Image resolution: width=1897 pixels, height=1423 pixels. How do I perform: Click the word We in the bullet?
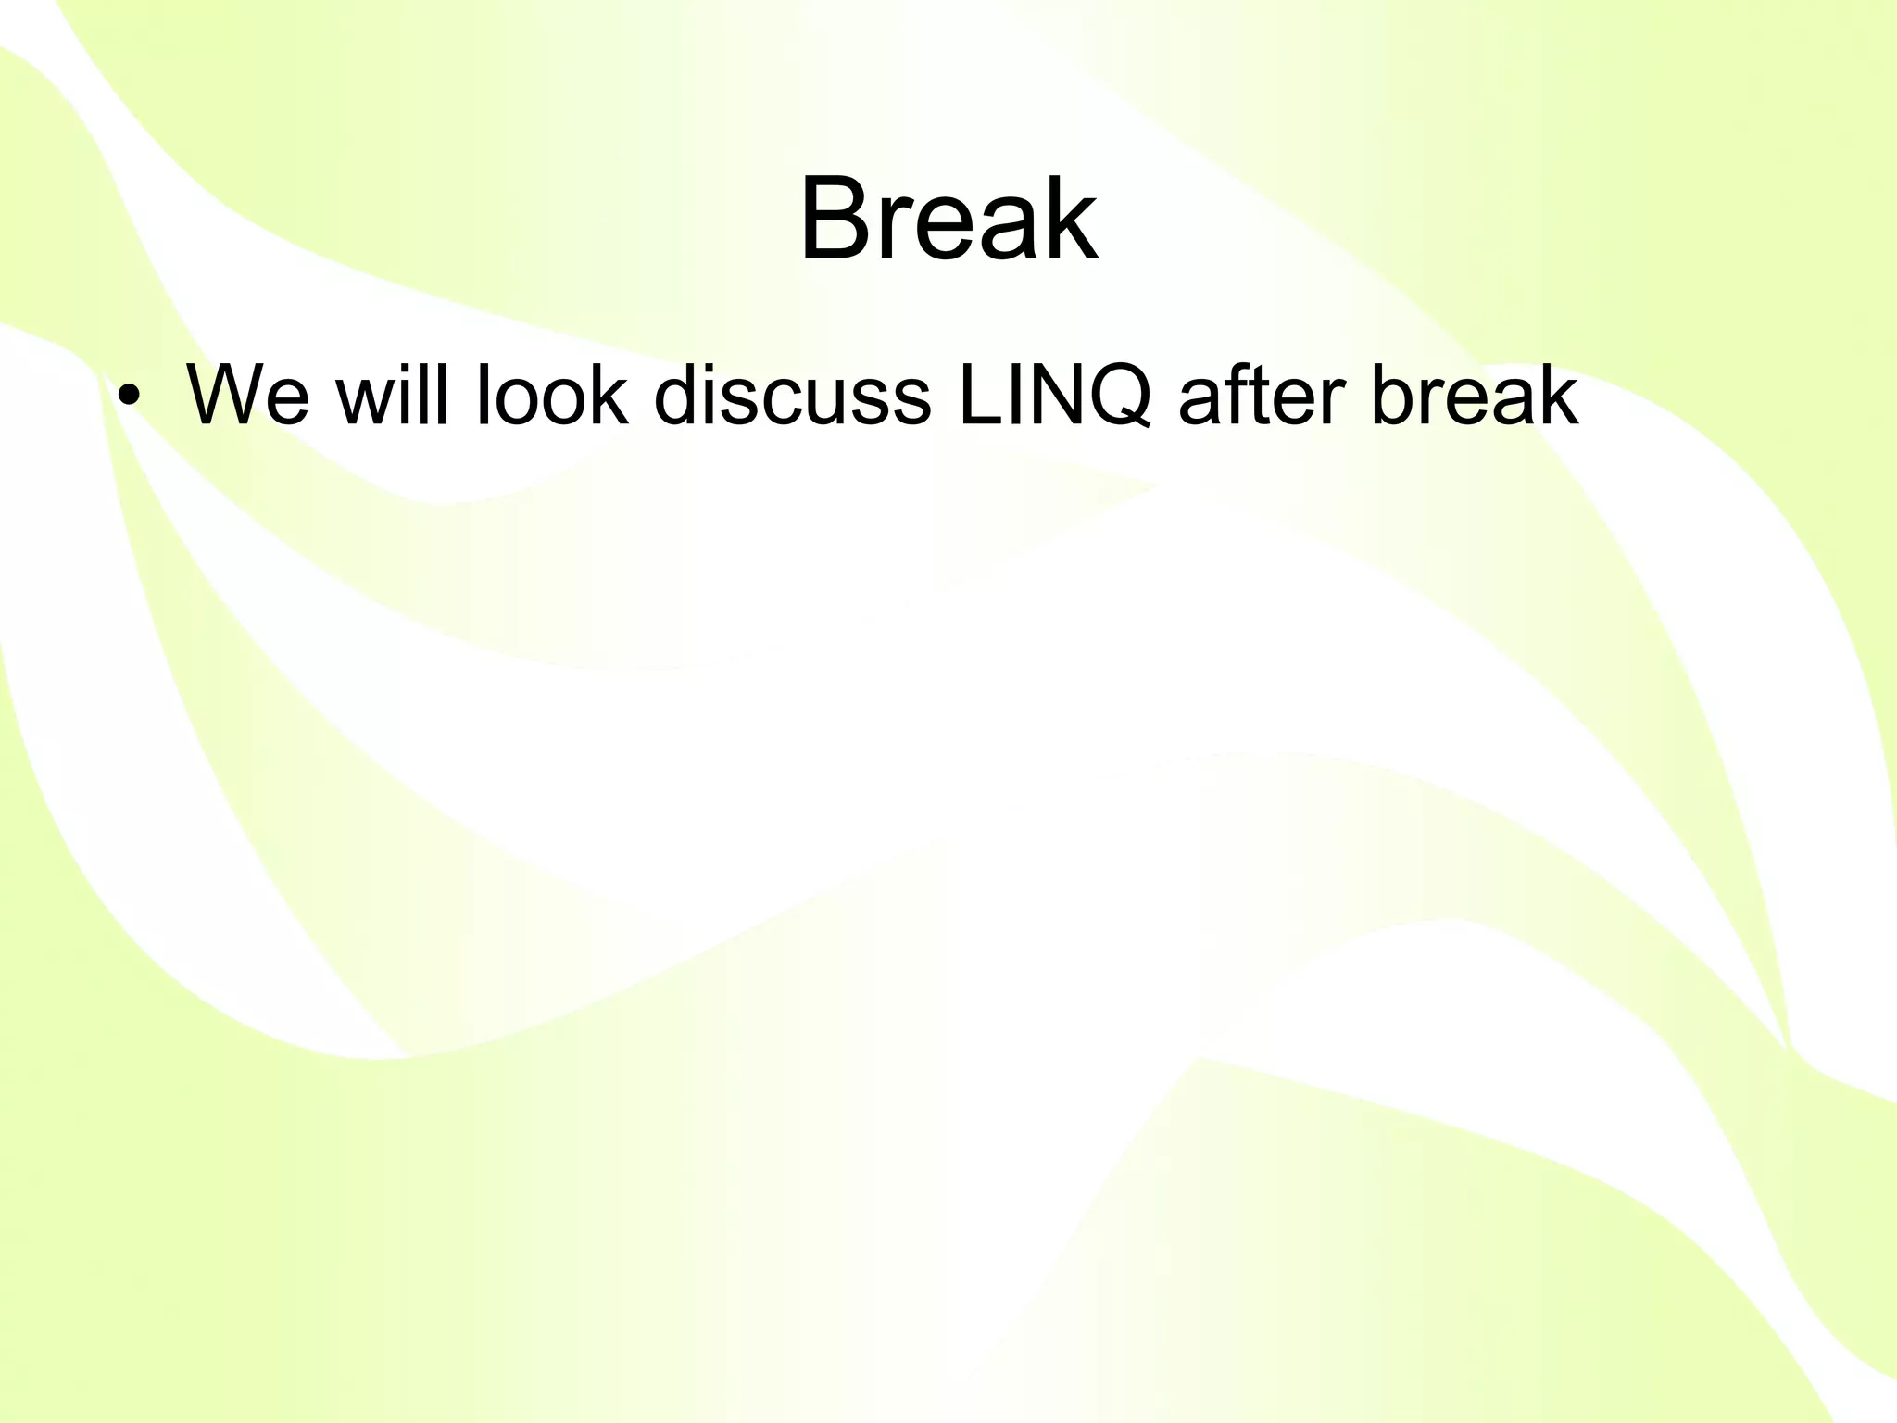[x=247, y=397]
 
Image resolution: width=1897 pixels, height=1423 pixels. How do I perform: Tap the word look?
[x=550, y=397]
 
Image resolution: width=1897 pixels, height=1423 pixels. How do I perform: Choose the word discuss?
[x=792, y=397]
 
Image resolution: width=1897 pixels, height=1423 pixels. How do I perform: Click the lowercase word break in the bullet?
[x=1473, y=397]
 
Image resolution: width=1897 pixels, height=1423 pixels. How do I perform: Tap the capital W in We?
[x=227, y=397]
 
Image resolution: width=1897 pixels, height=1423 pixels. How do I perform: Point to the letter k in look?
[x=609, y=397]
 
